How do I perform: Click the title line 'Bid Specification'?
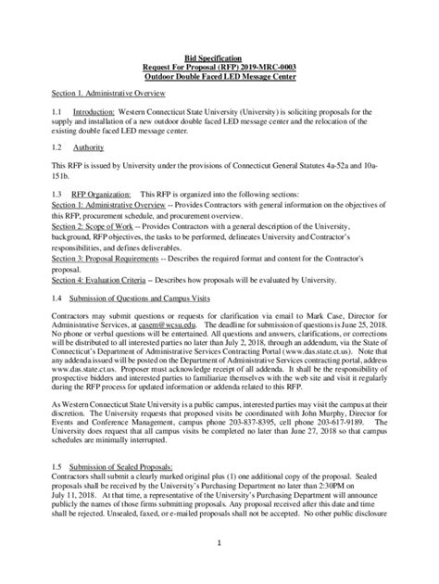click(219, 57)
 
